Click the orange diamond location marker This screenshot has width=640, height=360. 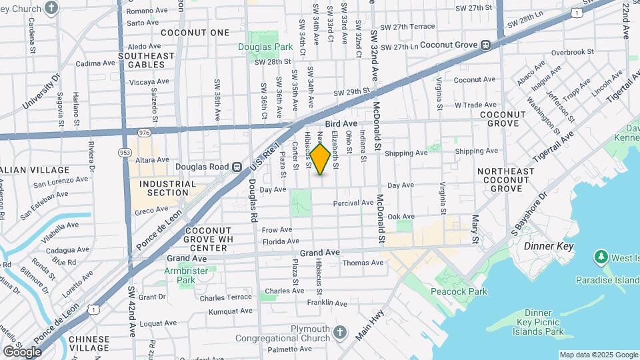pos(320,159)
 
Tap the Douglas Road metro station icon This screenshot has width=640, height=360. pos(236,167)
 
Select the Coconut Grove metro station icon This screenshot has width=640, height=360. pos(487,45)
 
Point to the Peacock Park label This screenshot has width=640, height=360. pos(459,291)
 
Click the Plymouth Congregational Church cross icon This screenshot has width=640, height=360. pos(339,332)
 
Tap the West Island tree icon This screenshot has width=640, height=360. pos(601,257)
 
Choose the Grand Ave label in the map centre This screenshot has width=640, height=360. pos(320,253)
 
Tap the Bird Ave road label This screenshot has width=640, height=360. pos(341,124)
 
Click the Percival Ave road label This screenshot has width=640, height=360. pos(353,203)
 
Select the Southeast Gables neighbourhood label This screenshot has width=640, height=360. pos(141,60)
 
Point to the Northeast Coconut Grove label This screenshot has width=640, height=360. pos(506,180)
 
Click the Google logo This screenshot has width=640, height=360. pos(22,351)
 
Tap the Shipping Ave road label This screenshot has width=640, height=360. pos(405,153)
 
